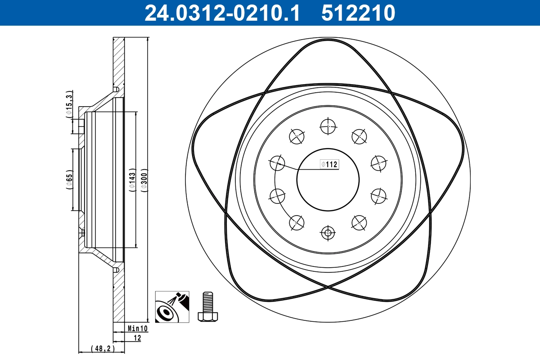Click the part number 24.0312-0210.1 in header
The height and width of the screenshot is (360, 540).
tap(221, 13)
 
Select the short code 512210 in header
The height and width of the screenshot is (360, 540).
tap(358, 13)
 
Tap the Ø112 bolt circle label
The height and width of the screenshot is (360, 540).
tap(329, 165)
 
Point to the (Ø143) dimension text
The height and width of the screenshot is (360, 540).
tap(132, 181)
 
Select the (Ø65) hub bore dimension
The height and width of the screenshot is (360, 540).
tap(69, 179)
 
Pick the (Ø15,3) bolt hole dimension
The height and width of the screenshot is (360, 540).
tap(69, 104)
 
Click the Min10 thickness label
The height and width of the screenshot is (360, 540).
tap(137, 329)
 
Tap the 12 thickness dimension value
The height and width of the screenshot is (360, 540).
tap(137, 337)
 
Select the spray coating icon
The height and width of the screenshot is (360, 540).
tap(172, 307)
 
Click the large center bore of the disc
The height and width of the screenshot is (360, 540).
tap(328, 180)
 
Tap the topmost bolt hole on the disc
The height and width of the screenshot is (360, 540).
tap(328, 126)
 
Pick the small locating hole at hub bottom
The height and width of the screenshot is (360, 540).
tap(328, 233)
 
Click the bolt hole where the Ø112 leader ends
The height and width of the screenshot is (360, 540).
tap(277, 163)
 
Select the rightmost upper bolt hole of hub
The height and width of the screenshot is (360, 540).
tap(379, 163)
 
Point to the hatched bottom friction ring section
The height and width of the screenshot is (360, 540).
tap(118, 297)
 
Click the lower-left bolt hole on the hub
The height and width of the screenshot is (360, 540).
tap(297, 222)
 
